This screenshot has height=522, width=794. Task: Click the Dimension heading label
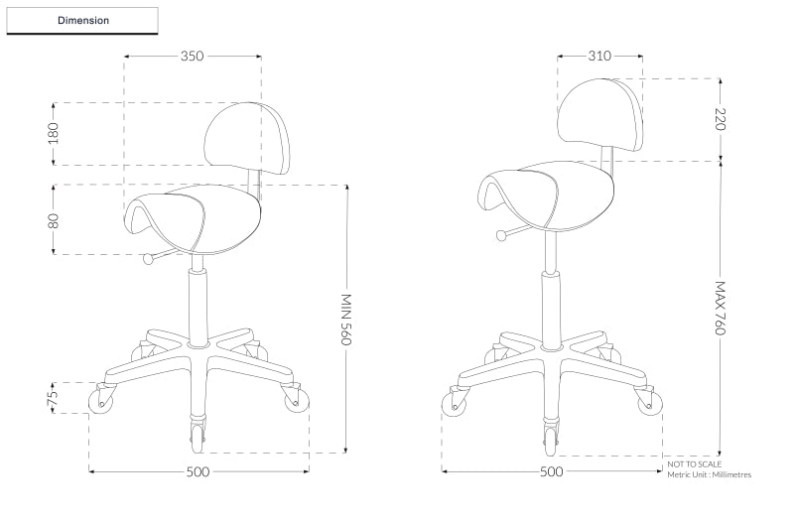[x=83, y=20]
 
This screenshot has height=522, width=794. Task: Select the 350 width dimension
[x=192, y=57]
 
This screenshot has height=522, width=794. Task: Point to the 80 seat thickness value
[x=55, y=219]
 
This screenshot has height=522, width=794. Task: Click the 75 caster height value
[x=55, y=397]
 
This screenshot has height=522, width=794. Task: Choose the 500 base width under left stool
[x=198, y=471]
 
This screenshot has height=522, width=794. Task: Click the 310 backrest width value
[x=599, y=57]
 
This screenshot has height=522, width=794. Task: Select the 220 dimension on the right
[x=722, y=119]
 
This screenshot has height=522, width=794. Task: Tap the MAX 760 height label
[x=722, y=308]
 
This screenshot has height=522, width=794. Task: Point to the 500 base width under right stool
[x=551, y=471]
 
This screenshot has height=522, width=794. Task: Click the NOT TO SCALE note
[x=695, y=463]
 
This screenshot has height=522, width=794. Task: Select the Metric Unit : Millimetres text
[x=709, y=475]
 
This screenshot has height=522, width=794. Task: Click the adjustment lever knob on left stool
[x=149, y=260]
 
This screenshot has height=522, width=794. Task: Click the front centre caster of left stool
[x=197, y=432]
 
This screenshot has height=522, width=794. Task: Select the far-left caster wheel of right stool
[x=452, y=406]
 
